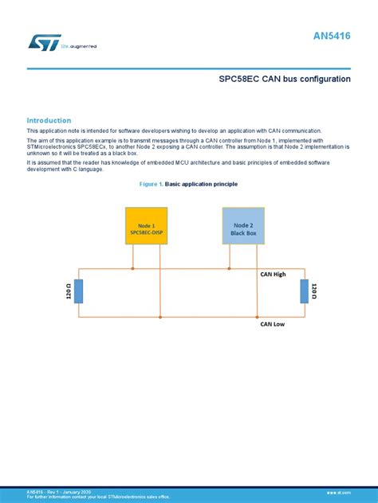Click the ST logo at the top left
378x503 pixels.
[39, 41]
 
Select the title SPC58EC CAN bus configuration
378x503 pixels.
[285, 80]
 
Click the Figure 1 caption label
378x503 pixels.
[151, 184]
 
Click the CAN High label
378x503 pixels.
[274, 274]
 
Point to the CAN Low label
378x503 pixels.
[273, 324]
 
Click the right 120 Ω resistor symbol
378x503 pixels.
[304, 291]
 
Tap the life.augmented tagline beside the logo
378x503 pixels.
[79, 47]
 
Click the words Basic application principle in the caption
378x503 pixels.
[201, 184]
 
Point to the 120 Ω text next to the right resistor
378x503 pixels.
[314, 291]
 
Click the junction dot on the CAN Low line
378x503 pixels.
[160, 317]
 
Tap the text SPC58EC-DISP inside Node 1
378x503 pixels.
[147, 232]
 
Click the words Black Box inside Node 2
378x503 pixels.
[243, 232]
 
